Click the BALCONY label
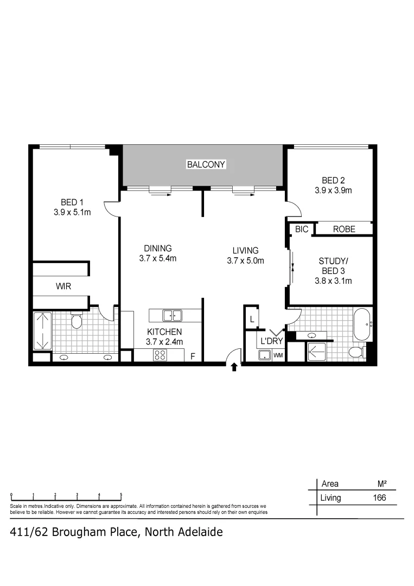[206, 164]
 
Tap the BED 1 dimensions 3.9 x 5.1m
[72, 213]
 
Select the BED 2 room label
[333, 181]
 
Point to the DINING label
[157, 249]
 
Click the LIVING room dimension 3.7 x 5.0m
[245, 260]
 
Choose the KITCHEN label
[164, 332]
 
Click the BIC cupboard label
[302, 230]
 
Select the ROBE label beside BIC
[344, 230]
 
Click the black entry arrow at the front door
[234, 367]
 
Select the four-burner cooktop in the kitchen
[160, 355]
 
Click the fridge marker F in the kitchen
[192, 356]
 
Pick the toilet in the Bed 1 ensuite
[77, 322]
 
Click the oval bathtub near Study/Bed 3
[362, 324]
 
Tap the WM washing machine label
[278, 356]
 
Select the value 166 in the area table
[379, 498]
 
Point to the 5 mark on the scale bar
[121, 495]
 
